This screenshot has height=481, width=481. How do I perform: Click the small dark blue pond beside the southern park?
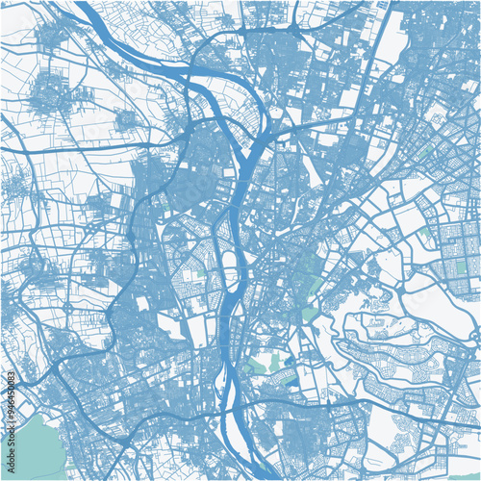coord(290,361)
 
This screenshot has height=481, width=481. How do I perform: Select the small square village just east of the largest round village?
coord(126,119)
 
